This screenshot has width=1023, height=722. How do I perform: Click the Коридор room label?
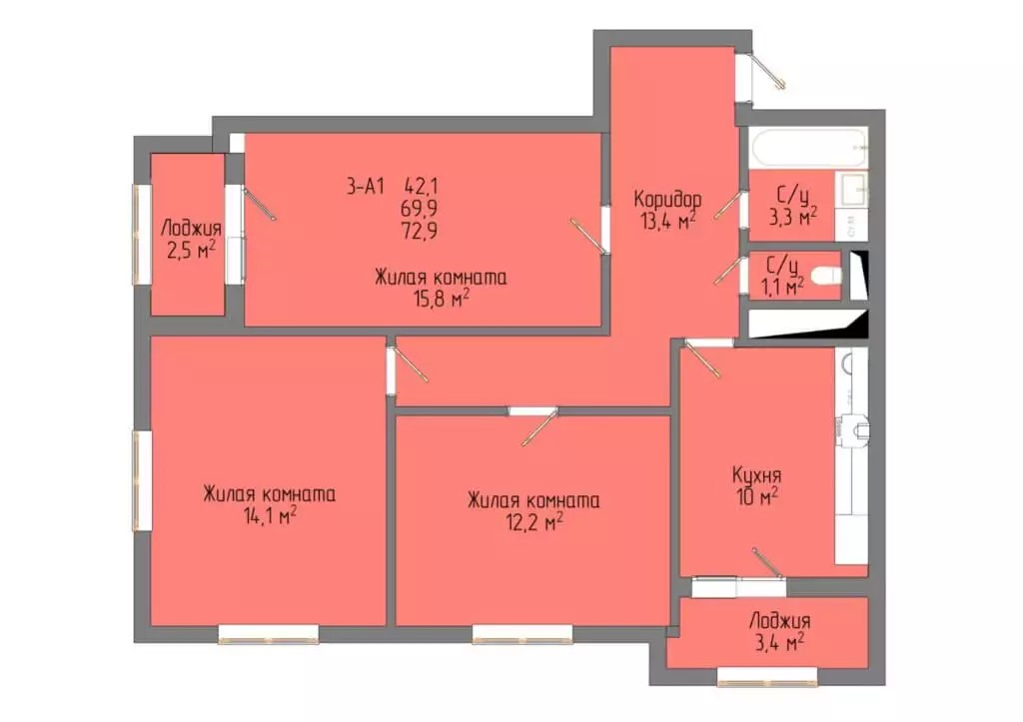coord(667,199)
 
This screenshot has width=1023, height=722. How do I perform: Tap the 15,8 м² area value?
coord(442,300)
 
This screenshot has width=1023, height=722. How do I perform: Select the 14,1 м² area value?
coord(270,516)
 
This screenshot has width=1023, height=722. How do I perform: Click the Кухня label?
coord(756,475)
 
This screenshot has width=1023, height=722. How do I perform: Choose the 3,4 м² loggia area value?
coord(779,643)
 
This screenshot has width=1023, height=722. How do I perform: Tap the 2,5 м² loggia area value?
coord(191,251)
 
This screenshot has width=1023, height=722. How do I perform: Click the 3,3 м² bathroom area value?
coord(792,217)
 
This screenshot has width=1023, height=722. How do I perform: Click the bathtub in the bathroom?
coord(809,148)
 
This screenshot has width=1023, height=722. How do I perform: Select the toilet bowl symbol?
coord(828,277)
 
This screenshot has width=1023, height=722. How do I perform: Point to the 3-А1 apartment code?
coord(365,187)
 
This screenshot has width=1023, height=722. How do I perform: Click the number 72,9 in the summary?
coord(421,231)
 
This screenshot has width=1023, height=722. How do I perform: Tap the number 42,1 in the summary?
coord(422,187)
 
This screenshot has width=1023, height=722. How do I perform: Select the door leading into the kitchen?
coord(702,359)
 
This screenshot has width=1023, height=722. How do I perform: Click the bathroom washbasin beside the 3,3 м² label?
coord(851,189)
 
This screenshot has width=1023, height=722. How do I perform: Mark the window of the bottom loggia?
coord(758,676)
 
